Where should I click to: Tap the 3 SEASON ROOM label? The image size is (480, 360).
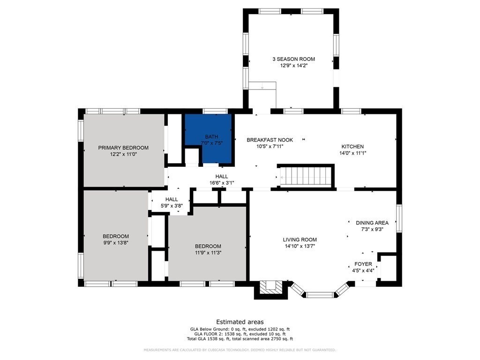[x=293, y=59]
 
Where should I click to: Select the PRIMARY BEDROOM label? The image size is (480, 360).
[x=123, y=148]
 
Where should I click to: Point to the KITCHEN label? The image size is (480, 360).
[x=352, y=147]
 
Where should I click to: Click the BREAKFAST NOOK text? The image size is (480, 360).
[x=270, y=140]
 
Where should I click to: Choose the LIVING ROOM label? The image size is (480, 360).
[x=300, y=240]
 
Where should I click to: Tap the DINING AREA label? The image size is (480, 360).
[x=372, y=223]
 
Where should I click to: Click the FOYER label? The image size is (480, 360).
[x=363, y=264]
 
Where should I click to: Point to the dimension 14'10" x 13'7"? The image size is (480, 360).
[x=300, y=246]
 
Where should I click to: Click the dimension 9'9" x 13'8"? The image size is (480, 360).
[x=115, y=243]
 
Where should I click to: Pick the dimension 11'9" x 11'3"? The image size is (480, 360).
[x=208, y=253]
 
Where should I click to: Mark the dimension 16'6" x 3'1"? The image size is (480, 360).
[x=222, y=183]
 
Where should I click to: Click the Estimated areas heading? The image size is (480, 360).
[x=240, y=322]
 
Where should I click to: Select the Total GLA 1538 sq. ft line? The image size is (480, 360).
[x=240, y=339]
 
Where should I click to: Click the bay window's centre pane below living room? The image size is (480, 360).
[x=320, y=295]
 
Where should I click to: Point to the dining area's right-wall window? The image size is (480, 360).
[x=399, y=218]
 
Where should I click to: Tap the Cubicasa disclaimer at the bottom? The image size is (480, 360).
[x=240, y=350]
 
